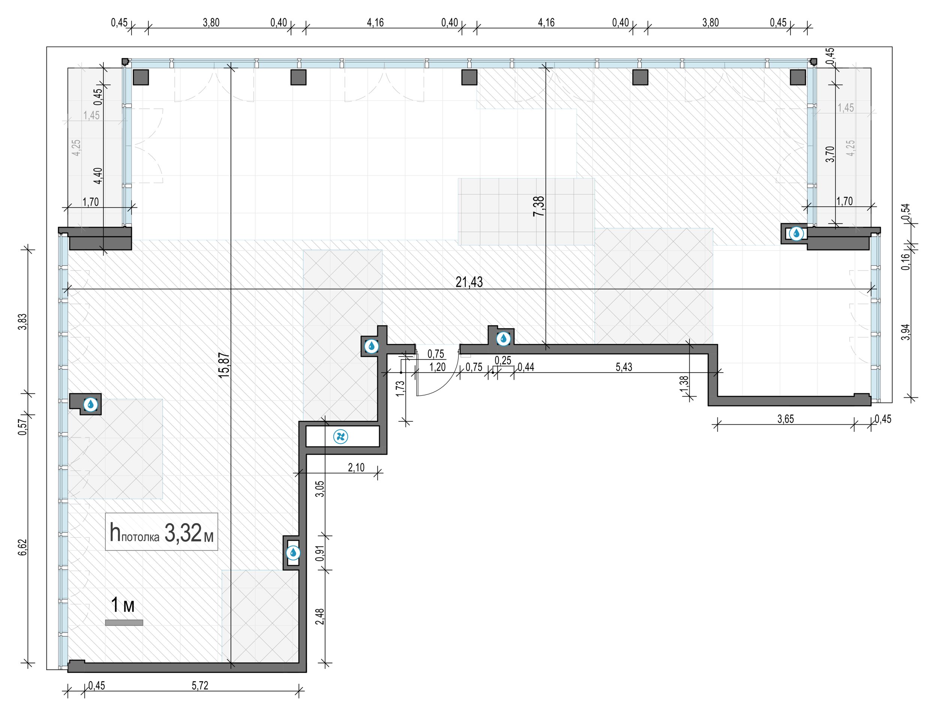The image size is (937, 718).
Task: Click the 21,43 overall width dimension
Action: [469, 282]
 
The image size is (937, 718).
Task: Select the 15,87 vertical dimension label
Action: [224, 365]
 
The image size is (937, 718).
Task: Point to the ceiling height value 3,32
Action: [183, 533]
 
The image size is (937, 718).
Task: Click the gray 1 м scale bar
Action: [124, 623]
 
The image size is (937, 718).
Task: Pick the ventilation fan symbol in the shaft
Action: [341, 437]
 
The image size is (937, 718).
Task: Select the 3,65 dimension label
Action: [786, 419]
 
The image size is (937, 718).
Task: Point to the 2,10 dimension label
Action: [356, 467]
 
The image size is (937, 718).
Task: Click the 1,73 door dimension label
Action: [400, 388]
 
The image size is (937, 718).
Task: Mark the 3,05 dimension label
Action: [320, 489]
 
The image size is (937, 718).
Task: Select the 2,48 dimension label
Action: [320, 616]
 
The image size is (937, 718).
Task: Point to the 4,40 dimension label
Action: [98, 175]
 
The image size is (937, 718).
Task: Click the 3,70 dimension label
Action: [830, 154]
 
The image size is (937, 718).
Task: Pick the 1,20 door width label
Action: [437, 367]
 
